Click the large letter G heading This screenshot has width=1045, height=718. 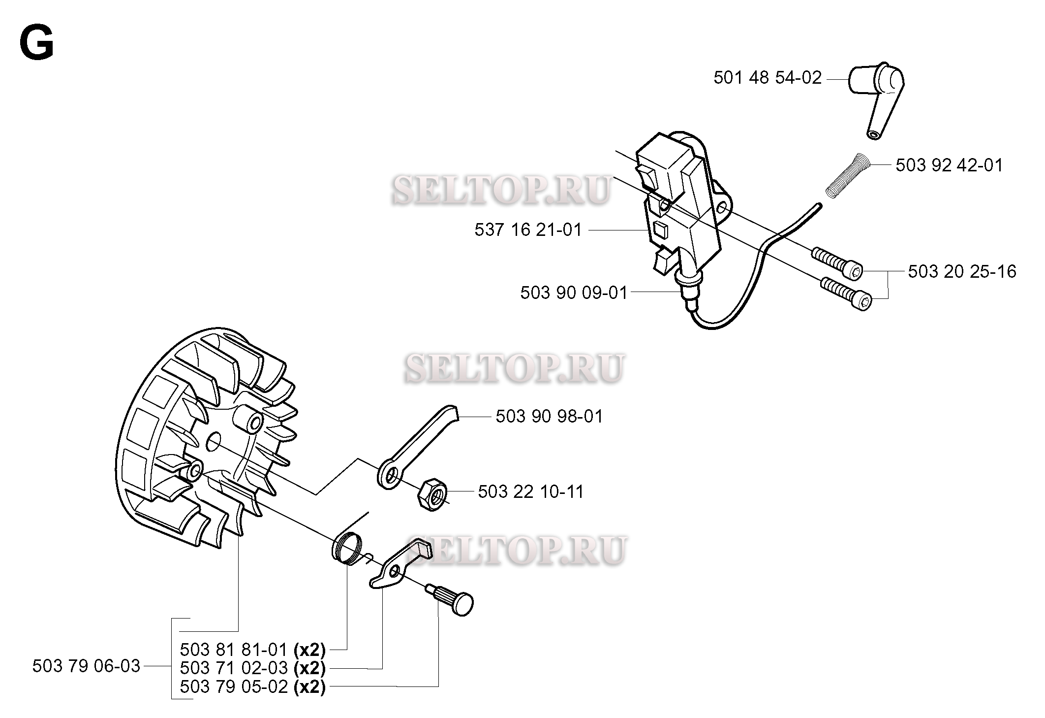pyautogui.click(x=36, y=43)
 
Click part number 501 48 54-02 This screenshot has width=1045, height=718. pyautogui.click(x=768, y=78)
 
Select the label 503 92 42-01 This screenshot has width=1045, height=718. pyautogui.click(x=949, y=165)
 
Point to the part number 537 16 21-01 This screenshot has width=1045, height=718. pyautogui.click(x=528, y=230)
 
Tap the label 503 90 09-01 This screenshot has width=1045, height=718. pyautogui.click(x=574, y=293)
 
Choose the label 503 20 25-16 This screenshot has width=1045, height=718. pyautogui.click(x=962, y=271)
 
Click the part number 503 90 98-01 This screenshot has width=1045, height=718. pyautogui.click(x=549, y=417)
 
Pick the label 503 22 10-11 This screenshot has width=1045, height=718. pyautogui.click(x=531, y=492)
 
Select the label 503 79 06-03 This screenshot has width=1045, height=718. pyautogui.click(x=87, y=666)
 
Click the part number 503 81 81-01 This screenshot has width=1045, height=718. pyautogui.click(x=234, y=650)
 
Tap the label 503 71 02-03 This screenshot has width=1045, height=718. pyautogui.click(x=234, y=668)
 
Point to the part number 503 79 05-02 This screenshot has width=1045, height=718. pyautogui.click(x=234, y=686)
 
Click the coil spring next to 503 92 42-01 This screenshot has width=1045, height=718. pyautogui.click(x=848, y=175)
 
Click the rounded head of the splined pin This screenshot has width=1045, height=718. pyautogui.click(x=462, y=605)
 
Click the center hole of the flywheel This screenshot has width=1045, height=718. pyautogui.click(x=214, y=441)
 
